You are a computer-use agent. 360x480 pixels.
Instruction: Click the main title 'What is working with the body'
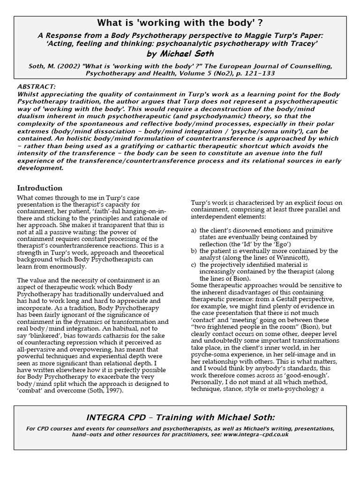tap(180, 23)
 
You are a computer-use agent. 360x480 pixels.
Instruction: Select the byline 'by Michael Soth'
tap(180, 54)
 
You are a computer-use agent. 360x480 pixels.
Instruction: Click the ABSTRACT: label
tap(36, 87)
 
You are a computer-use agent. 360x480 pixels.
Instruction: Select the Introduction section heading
tap(39, 188)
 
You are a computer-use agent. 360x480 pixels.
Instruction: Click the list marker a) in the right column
tap(194, 231)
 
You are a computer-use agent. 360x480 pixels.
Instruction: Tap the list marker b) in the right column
tap(194, 251)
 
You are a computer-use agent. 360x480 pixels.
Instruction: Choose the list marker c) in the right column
tap(194, 264)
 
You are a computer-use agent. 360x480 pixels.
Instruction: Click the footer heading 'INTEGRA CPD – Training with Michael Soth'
tap(180, 418)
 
